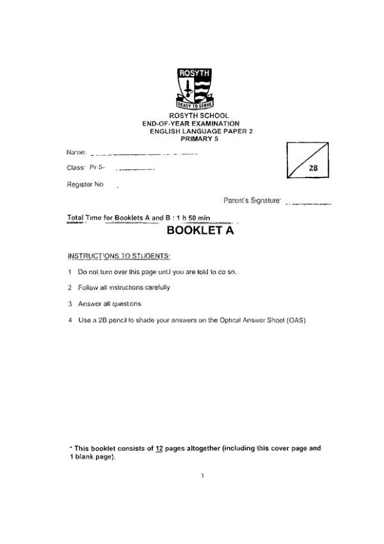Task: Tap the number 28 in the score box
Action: (314, 169)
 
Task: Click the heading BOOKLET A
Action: (200, 231)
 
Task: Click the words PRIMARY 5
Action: (200, 138)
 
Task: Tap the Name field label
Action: (76, 152)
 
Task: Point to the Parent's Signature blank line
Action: (308, 204)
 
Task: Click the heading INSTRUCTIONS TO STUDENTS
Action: (118, 256)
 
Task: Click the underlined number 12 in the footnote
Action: (159, 449)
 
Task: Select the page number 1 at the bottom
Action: (202, 475)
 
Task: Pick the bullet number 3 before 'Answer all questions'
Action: (70, 303)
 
